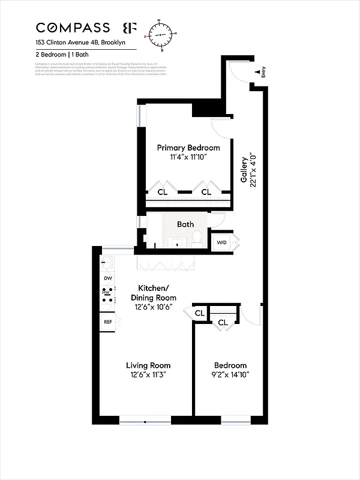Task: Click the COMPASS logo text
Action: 73,28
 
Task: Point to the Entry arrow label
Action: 263,73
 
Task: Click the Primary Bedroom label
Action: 188,148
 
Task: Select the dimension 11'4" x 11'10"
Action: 188,158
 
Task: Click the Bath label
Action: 185,224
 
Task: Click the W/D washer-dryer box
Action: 221,242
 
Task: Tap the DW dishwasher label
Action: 108,278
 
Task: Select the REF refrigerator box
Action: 108,322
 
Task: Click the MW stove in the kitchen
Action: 107,294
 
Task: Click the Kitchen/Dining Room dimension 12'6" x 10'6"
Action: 154,307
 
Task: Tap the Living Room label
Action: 148,365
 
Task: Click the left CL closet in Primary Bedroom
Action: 163,192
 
